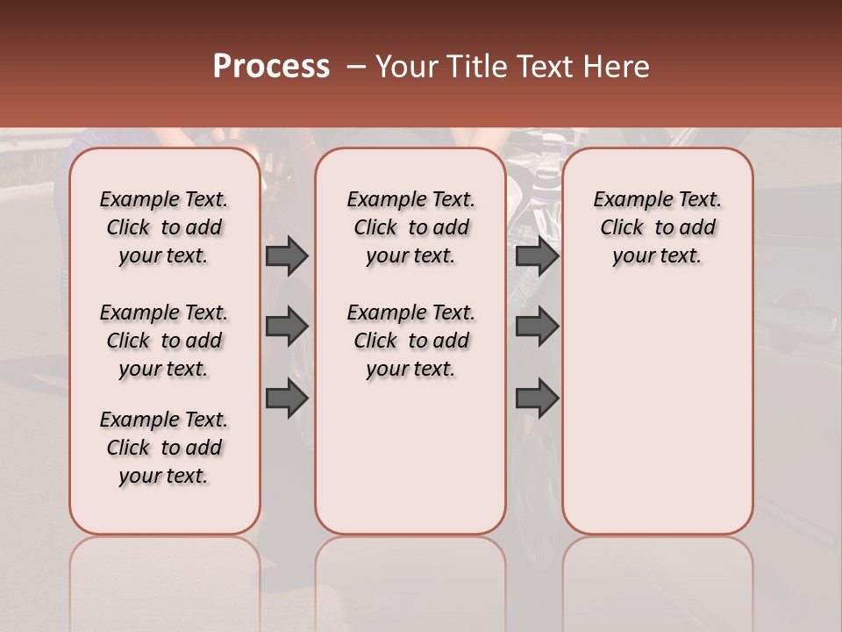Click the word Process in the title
tap(271, 66)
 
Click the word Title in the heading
tap(475, 67)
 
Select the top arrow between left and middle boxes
tap(287, 256)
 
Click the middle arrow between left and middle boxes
tap(287, 327)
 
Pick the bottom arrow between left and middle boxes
tap(287, 399)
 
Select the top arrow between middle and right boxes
tap(537, 256)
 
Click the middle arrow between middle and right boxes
tap(537, 327)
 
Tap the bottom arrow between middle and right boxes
tap(537, 399)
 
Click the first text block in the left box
tap(164, 227)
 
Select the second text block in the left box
tap(164, 341)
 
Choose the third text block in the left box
tap(164, 448)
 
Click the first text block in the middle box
tap(410, 227)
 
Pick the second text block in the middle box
tap(410, 341)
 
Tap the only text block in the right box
tap(657, 227)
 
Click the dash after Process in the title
tap(355, 67)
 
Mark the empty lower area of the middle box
tap(410, 456)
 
